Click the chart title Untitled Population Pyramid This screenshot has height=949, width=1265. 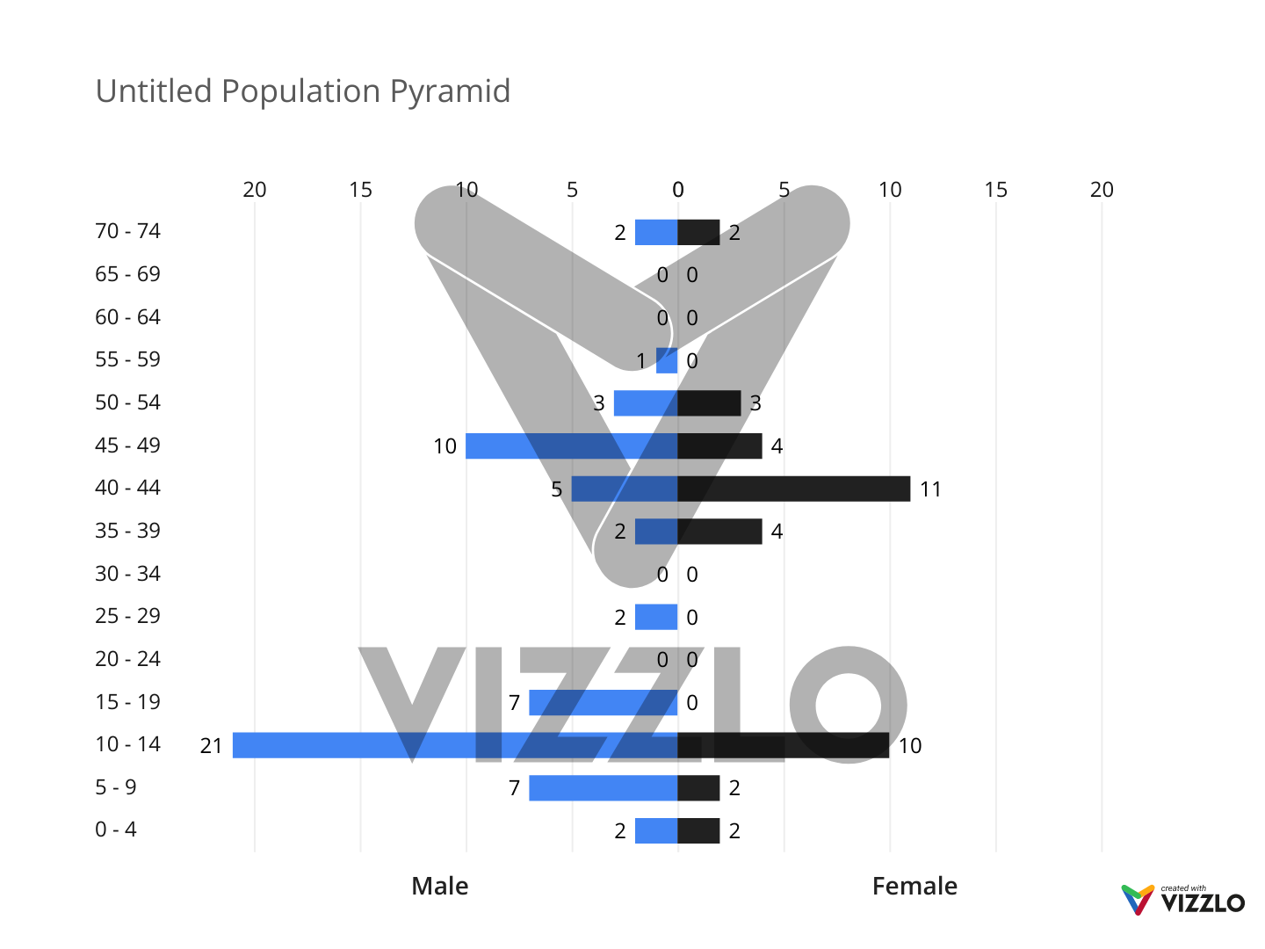302,91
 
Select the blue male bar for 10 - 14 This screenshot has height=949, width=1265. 454,745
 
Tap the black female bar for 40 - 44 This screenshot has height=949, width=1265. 793,489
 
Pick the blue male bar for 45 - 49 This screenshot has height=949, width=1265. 571,446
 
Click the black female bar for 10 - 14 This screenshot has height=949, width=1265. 783,745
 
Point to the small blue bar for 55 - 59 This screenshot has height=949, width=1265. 667,360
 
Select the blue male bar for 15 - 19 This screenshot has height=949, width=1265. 603,703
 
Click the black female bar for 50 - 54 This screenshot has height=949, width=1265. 709,403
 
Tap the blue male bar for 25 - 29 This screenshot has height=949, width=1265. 655,617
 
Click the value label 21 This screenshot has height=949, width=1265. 211,746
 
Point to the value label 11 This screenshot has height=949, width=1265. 930,489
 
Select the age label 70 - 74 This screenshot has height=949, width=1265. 127,231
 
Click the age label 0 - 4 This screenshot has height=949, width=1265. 116,829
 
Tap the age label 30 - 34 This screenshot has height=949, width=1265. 127,574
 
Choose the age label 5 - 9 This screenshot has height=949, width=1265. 116,787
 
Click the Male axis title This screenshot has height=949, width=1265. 439,886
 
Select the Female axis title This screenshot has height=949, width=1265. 914,886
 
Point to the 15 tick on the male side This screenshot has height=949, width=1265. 360,190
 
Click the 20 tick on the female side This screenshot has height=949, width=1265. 1102,190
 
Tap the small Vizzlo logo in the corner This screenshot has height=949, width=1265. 1182,900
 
